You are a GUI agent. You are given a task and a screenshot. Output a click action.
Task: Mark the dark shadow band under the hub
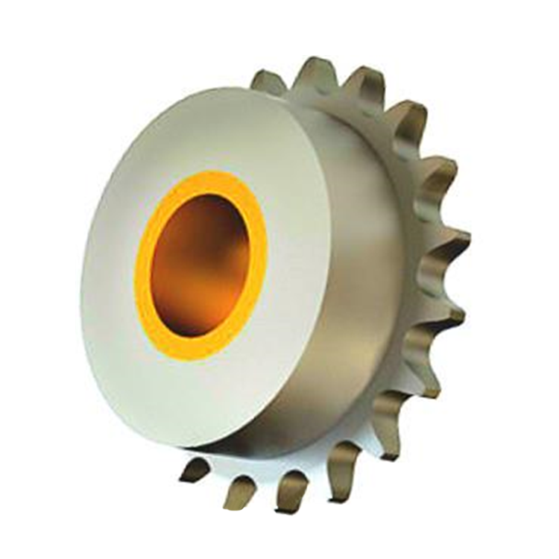(246, 444)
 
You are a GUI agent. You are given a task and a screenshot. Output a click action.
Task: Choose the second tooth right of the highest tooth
(407, 119)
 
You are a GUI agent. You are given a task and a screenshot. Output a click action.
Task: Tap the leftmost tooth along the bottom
(195, 470)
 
